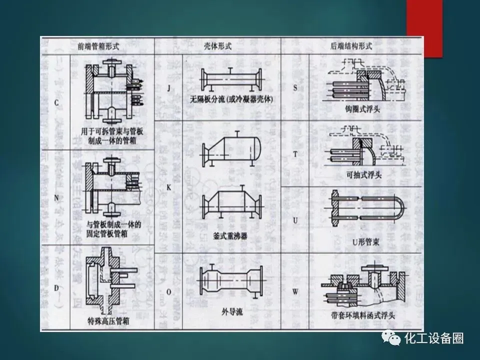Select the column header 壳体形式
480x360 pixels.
pyautogui.click(x=218, y=45)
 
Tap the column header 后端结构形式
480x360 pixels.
pyautogui.click(x=351, y=45)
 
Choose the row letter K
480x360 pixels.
pyautogui.click(x=168, y=185)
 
